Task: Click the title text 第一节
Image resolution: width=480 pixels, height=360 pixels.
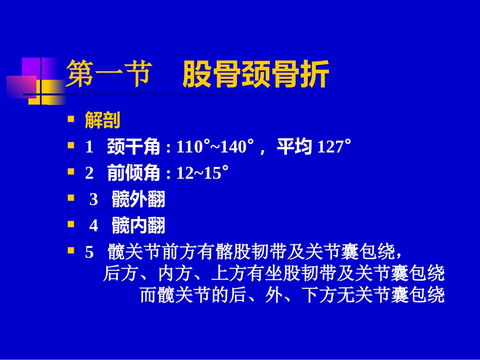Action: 109,74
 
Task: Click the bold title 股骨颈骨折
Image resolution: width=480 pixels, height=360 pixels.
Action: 256,74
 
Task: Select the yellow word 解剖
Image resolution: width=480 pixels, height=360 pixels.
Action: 103,120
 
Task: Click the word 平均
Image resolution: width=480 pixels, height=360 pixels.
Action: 294,147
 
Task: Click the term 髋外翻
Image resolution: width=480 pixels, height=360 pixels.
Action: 138,199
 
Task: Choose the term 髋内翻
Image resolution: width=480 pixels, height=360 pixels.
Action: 138,226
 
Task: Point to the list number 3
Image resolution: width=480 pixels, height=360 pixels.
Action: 93,200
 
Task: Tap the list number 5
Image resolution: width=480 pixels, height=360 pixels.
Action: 89,252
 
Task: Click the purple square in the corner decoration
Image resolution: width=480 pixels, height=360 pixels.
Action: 31,68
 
